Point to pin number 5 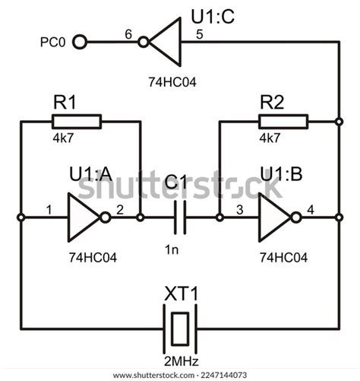tap(199, 33)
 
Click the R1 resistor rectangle tap(76, 121)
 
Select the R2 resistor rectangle tap(283, 121)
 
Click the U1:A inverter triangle tap(84, 217)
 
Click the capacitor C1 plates tap(181, 217)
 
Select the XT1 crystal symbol tap(180, 328)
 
